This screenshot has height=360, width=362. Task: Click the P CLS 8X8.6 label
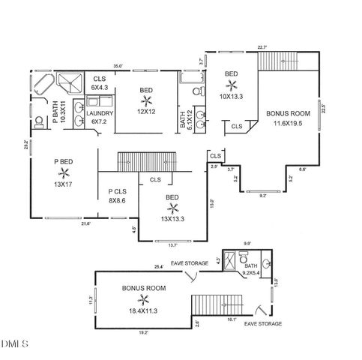(118, 196)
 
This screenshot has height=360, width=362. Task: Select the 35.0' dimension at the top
(118, 65)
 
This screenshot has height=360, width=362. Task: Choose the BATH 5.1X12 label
(186, 121)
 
